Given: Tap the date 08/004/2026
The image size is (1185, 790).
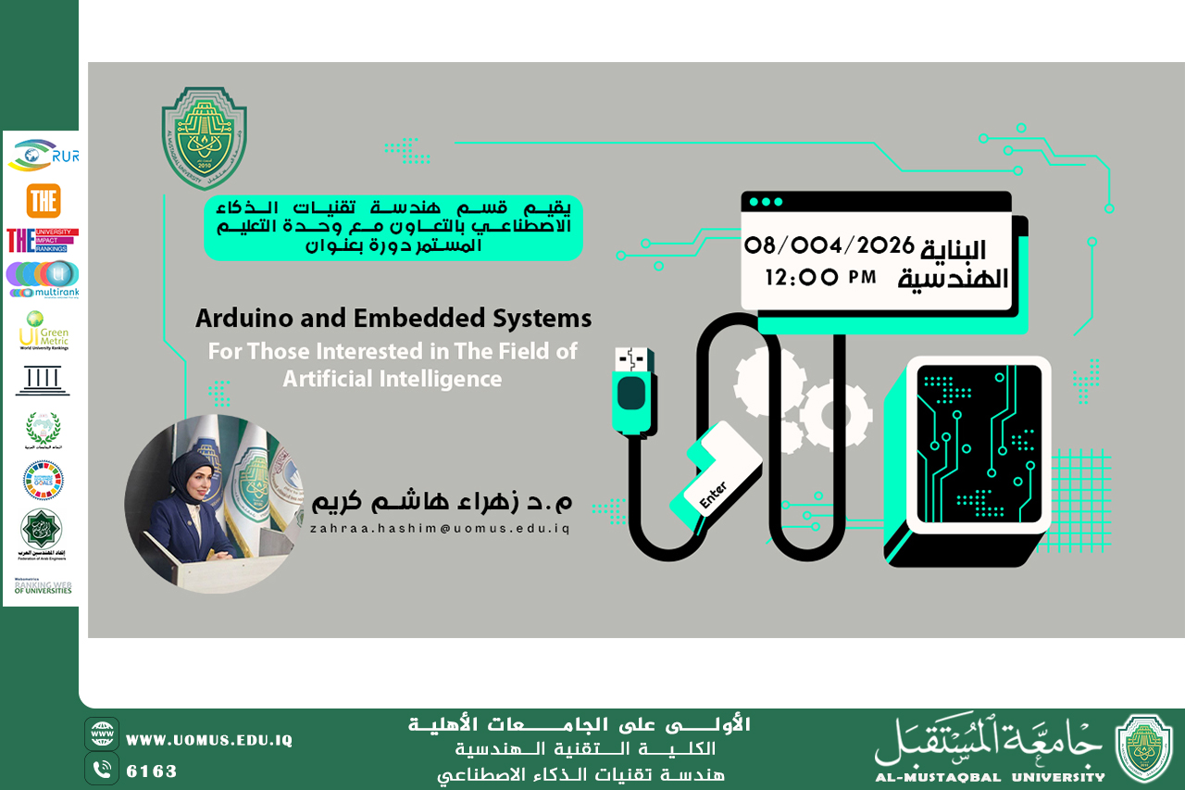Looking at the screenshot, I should (829, 245).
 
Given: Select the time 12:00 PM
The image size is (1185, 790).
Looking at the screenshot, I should (820, 276).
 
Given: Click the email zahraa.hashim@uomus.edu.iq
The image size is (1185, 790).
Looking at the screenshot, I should (440, 529).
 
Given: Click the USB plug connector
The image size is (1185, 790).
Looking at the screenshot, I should (633, 388).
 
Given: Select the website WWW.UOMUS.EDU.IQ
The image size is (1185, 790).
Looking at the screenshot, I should (209, 740).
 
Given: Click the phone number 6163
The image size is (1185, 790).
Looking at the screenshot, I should (151, 771).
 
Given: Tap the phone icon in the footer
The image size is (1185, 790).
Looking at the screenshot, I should (102, 769).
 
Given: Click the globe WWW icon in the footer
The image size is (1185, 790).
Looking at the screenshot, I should (102, 734).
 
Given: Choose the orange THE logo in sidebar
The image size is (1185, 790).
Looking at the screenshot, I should (44, 200).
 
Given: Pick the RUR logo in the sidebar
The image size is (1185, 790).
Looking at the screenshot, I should (43, 156).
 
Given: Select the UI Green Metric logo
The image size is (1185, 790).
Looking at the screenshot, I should (44, 331).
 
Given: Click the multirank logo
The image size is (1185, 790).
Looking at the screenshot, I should (43, 279).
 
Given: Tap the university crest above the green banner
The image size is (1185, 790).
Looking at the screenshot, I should (205, 138).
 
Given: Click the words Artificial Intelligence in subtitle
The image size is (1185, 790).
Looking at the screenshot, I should (393, 379).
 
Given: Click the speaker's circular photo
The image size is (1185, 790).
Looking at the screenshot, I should (215, 504).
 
